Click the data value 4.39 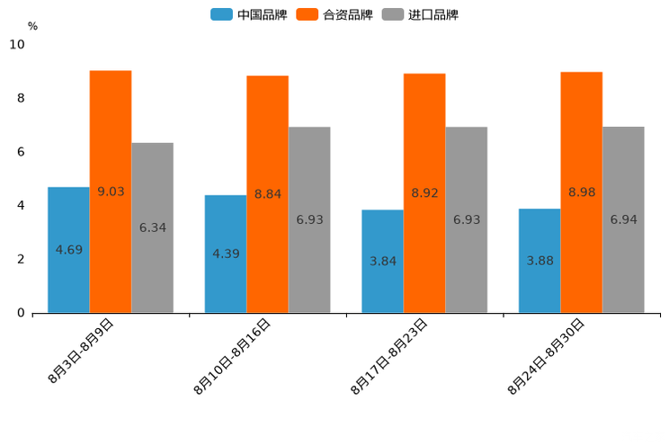pyautogui.click(x=226, y=254)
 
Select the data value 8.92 pyautogui.click(x=424, y=192)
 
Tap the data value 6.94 pyautogui.click(x=623, y=219)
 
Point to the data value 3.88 pyautogui.click(x=540, y=261)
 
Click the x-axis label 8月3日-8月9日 pyautogui.click(x=81, y=351)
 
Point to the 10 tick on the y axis pyautogui.click(x=17, y=44)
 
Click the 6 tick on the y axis pyautogui.click(x=21, y=152)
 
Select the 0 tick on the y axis pyautogui.click(x=21, y=313)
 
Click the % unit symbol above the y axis pyautogui.click(x=32, y=26)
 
